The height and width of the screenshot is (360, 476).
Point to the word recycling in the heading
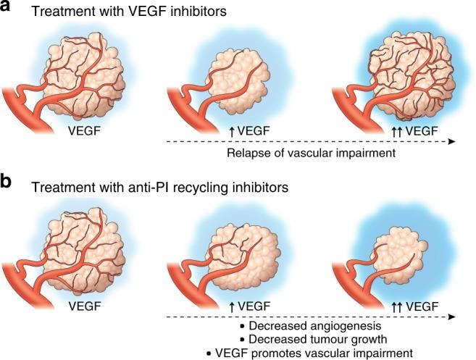tap(198, 186)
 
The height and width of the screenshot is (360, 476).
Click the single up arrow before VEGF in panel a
tap(230, 130)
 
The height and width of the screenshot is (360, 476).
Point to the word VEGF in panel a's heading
tap(140, 13)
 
